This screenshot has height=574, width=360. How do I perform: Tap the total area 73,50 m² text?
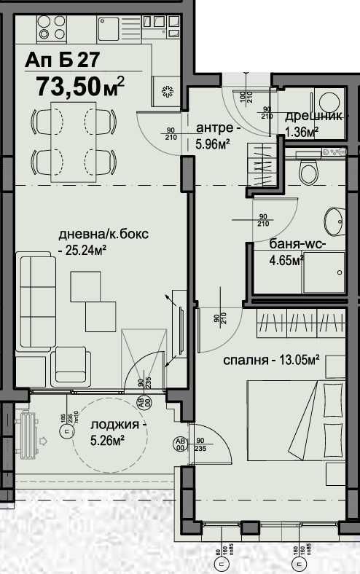tap(80, 87)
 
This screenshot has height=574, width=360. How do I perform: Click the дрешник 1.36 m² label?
tap(312, 123)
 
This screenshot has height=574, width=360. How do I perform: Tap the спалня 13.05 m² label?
tap(272, 360)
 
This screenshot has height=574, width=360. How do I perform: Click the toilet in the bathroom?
tap(308, 172)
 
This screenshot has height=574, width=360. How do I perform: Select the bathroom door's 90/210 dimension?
tap(263, 219)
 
